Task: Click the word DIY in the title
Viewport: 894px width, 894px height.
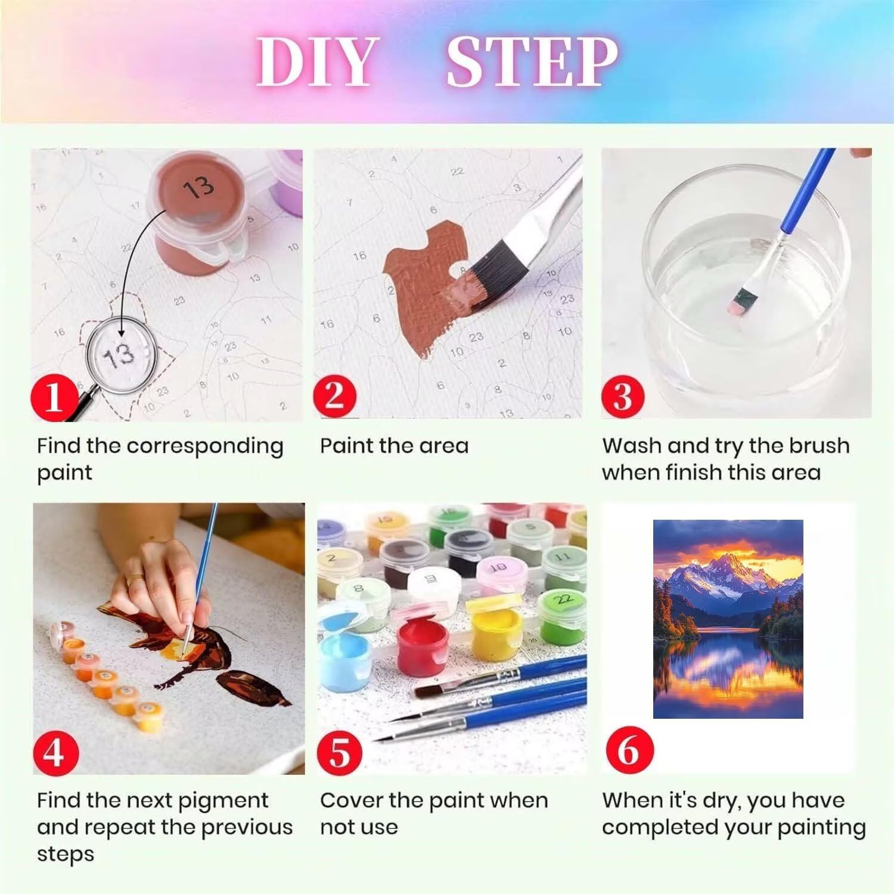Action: [x=318, y=62]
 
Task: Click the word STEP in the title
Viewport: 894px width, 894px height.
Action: [x=532, y=62]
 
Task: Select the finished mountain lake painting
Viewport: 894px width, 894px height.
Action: [x=728, y=619]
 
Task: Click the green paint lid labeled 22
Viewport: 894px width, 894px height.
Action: [x=564, y=600]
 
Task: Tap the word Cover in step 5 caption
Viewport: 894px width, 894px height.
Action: [x=350, y=800]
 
